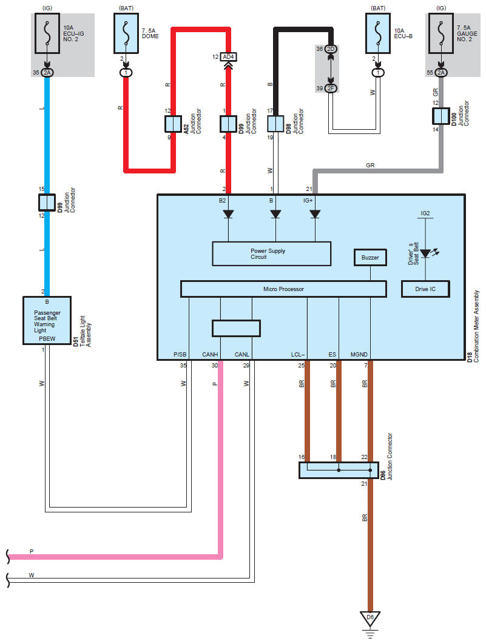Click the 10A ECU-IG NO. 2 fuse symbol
pyautogui.click(x=47, y=33)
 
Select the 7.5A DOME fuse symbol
pyautogui.click(x=126, y=33)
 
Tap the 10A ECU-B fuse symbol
pyautogui.click(x=378, y=33)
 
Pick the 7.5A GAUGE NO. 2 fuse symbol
pyautogui.click(x=441, y=33)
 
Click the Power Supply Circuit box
pyautogui.click(x=272, y=254)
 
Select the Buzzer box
pyautogui.click(x=370, y=258)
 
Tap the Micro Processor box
pyautogui.click(x=283, y=289)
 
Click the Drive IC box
pyautogui.click(x=425, y=289)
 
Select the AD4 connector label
pyautogui.click(x=228, y=56)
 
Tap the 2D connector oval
pyautogui.click(x=331, y=49)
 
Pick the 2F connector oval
pyautogui.click(x=331, y=89)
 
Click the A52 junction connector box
pyautogui.click(x=173, y=124)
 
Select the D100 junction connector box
pyautogui.click(x=441, y=116)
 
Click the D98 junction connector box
pyautogui.click(x=275, y=124)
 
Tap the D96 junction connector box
pyautogui.click(x=339, y=471)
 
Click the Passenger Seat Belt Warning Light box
pyautogui.click(x=47, y=320)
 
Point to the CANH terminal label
pyautogui.click(x=210, y=355)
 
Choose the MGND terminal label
pyautogui.click(x=359, y=355)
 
